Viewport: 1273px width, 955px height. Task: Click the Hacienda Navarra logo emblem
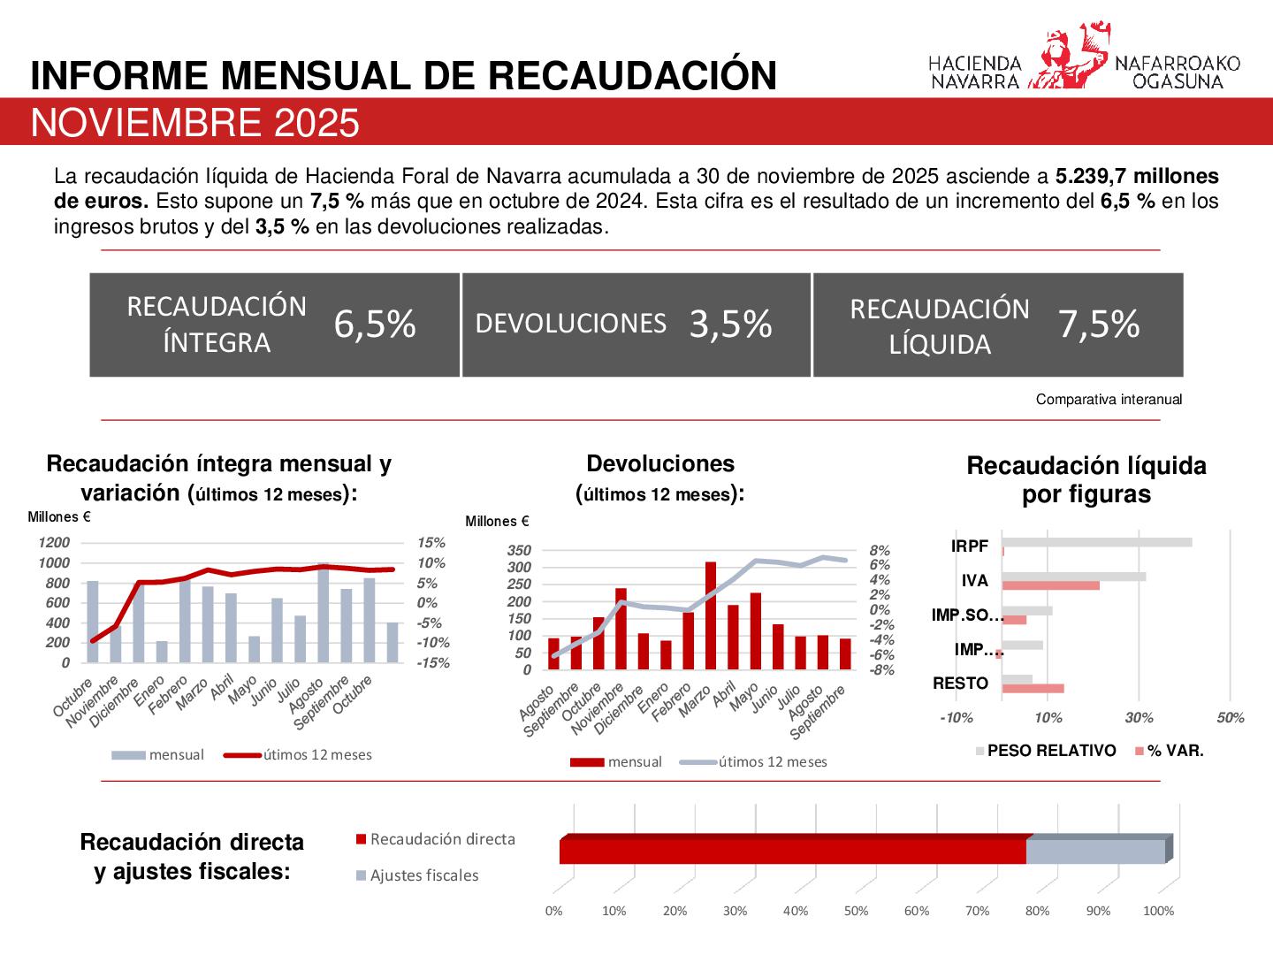click(1067, 57)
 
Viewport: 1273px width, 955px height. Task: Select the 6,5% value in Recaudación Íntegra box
click(375, 325)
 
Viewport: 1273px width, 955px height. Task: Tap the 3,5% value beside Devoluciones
click(730, 325)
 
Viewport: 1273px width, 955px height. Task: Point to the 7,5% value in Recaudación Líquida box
click(1098, 325)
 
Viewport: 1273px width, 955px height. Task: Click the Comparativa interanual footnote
click(1109, 400)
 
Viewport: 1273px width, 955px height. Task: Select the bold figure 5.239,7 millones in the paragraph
click(1137, 176)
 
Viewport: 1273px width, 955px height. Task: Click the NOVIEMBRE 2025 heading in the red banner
click(195, 123)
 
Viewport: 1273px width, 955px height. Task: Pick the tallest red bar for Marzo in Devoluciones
click(710, 615)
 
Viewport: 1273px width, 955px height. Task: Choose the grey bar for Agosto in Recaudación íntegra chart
click(324, 612)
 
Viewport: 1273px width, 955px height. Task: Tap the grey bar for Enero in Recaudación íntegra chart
click(162, 652)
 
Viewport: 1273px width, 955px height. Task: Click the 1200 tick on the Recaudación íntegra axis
click(54, 543)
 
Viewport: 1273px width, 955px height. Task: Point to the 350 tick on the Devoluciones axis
click(519, 550)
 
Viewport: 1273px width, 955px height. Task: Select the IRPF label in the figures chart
click(970, 546)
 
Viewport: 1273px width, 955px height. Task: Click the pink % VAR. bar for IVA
click(1050, 585)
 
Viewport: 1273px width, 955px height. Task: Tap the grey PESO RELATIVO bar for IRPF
click(1096, 542)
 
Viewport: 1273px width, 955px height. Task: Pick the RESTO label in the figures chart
click(961, 684)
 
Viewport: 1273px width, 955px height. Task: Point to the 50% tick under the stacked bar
click(856, 911)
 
